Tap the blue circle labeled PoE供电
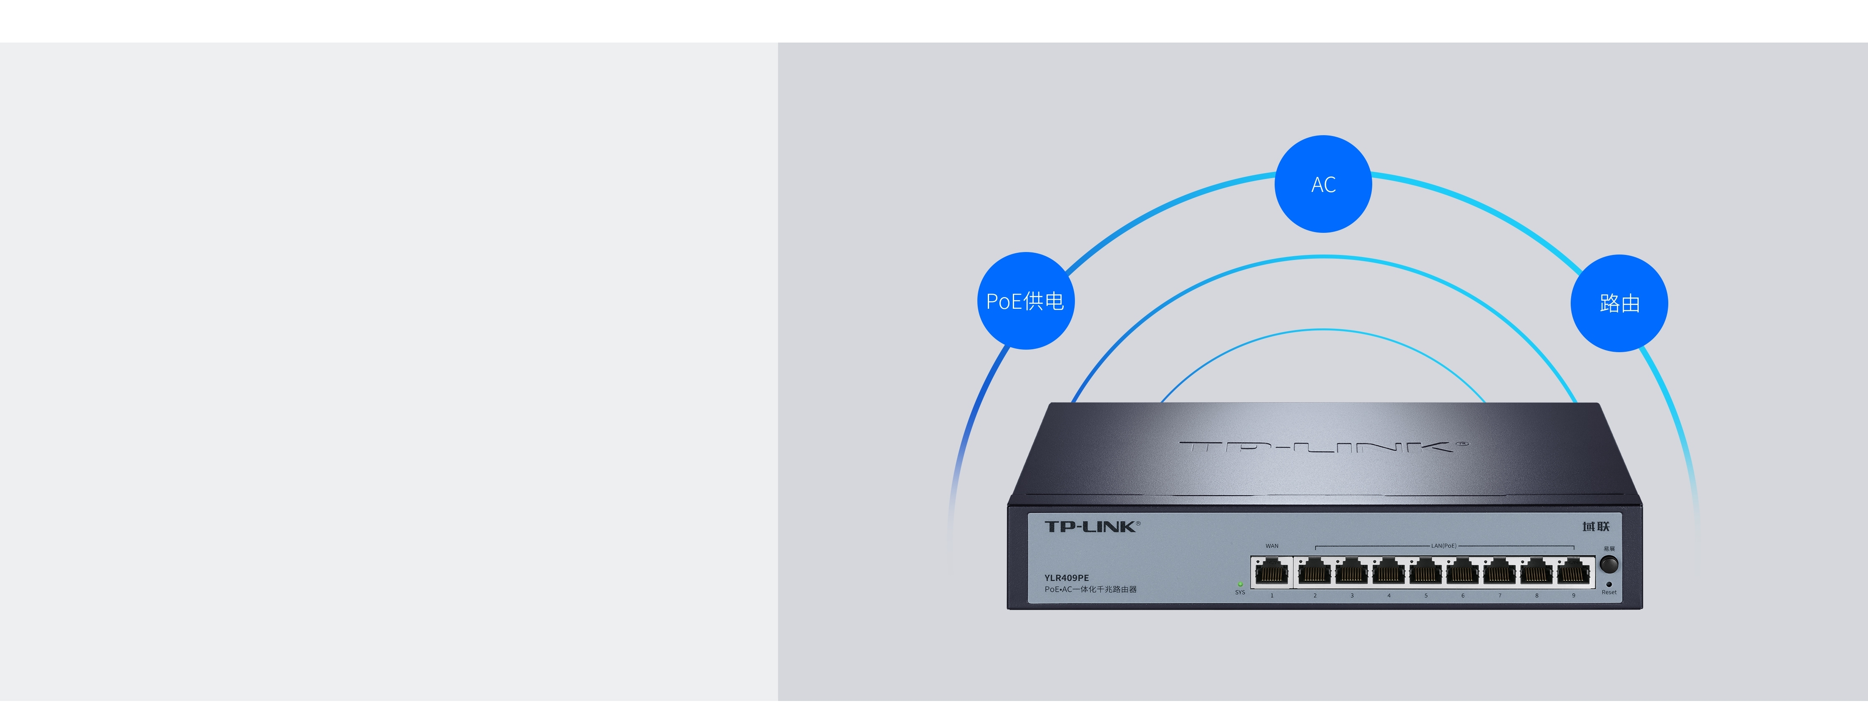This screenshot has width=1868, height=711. tap(1025, 300)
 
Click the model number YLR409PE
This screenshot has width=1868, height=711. tap(1066, 577)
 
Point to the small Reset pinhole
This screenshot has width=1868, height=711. tap(1609, 584)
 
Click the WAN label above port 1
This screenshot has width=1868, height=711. tap(1272, 546)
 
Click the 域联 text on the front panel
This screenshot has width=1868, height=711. tap(1595, 526)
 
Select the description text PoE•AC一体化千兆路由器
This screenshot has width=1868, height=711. tap(1090, 589)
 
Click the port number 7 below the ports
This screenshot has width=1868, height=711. tap(1500, 596)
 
